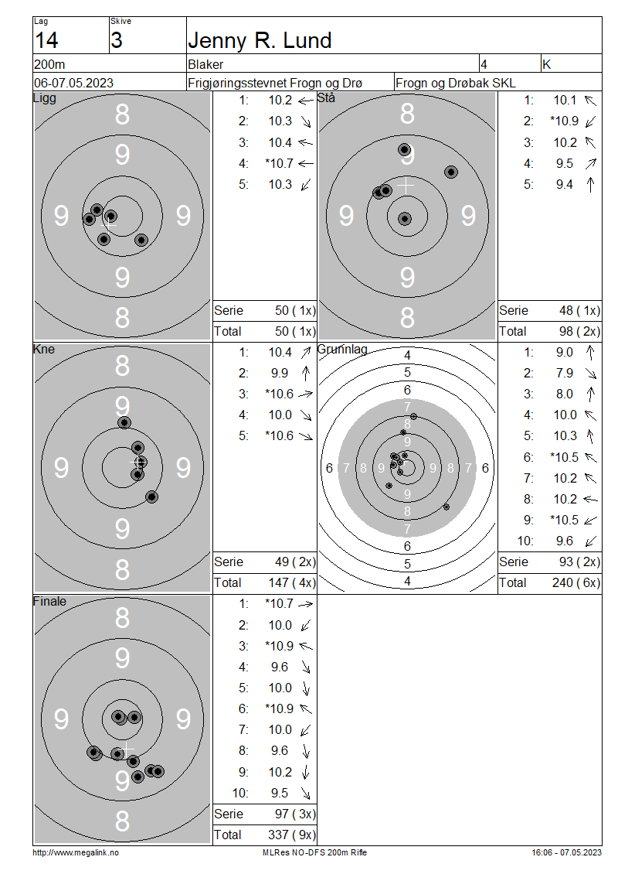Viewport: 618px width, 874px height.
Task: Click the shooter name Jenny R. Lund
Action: (260, 41)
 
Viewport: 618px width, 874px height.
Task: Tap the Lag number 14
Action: (46, 41)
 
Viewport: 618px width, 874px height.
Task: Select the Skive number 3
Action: (117, 41)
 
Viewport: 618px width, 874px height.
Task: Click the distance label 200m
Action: (49, 64)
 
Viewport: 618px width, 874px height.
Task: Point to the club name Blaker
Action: (205, 64)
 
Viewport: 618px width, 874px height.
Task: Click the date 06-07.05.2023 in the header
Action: (73, 83)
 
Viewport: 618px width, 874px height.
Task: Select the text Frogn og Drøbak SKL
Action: (456, 83)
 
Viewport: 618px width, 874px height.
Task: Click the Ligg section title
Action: (45, 98)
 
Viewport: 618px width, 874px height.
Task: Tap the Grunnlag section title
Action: (342, 350)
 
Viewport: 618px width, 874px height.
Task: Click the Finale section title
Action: (49, 602)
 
